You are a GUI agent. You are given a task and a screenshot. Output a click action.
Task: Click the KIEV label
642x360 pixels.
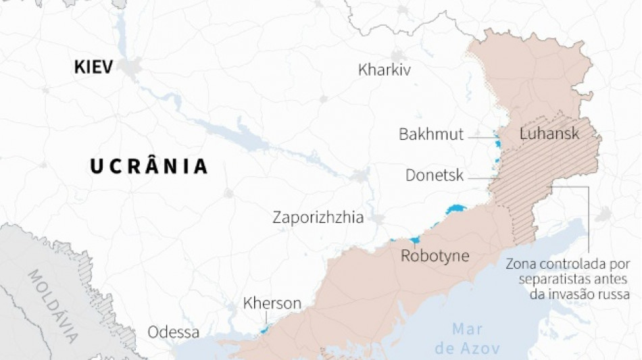[93, 67]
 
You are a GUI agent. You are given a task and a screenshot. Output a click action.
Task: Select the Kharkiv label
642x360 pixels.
[385, 70]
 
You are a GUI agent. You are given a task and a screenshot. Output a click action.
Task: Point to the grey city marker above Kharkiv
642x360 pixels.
[397, 55]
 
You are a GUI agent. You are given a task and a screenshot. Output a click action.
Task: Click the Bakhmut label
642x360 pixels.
[431, 134]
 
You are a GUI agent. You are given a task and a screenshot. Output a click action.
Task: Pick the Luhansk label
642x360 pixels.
[549, 134]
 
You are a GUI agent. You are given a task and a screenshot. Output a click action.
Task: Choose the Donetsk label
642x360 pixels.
[435, 176]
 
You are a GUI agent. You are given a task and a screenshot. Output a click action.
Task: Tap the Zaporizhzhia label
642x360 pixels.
[318, 217]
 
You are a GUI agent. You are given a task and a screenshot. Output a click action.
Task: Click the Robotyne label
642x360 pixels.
[435, 256]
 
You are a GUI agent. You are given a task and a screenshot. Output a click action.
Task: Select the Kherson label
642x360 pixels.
[272, 303]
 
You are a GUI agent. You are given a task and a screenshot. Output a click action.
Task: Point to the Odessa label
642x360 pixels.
[174, 332]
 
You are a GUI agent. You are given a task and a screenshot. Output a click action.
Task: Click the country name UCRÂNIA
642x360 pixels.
[149, 166]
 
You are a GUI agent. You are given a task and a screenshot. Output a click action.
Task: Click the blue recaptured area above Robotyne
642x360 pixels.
[413, 240]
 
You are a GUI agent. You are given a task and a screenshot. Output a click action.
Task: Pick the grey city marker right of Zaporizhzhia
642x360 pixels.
[378, 219]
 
